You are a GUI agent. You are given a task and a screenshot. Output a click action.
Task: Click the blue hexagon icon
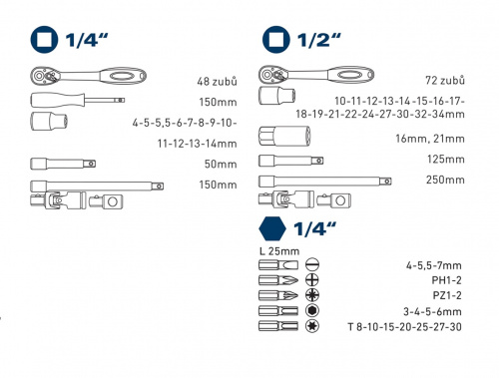coord(272,229)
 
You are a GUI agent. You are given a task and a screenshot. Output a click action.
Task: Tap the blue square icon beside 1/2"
coord(276,40)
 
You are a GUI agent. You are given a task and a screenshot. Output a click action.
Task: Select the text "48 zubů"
coord(217,82)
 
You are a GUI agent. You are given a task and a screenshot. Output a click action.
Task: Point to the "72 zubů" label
coord(445,80)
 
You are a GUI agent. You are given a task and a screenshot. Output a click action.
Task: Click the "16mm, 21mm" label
coord(430,139)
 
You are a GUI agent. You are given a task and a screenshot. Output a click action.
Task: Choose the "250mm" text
coord(445,180)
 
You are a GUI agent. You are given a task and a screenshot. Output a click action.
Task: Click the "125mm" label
coord(446,159)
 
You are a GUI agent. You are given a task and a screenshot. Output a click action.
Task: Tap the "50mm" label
coord(221,164)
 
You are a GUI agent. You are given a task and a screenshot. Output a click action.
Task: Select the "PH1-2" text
coord(446,280)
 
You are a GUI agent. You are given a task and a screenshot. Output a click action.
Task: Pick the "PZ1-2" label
coord(447,295)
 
